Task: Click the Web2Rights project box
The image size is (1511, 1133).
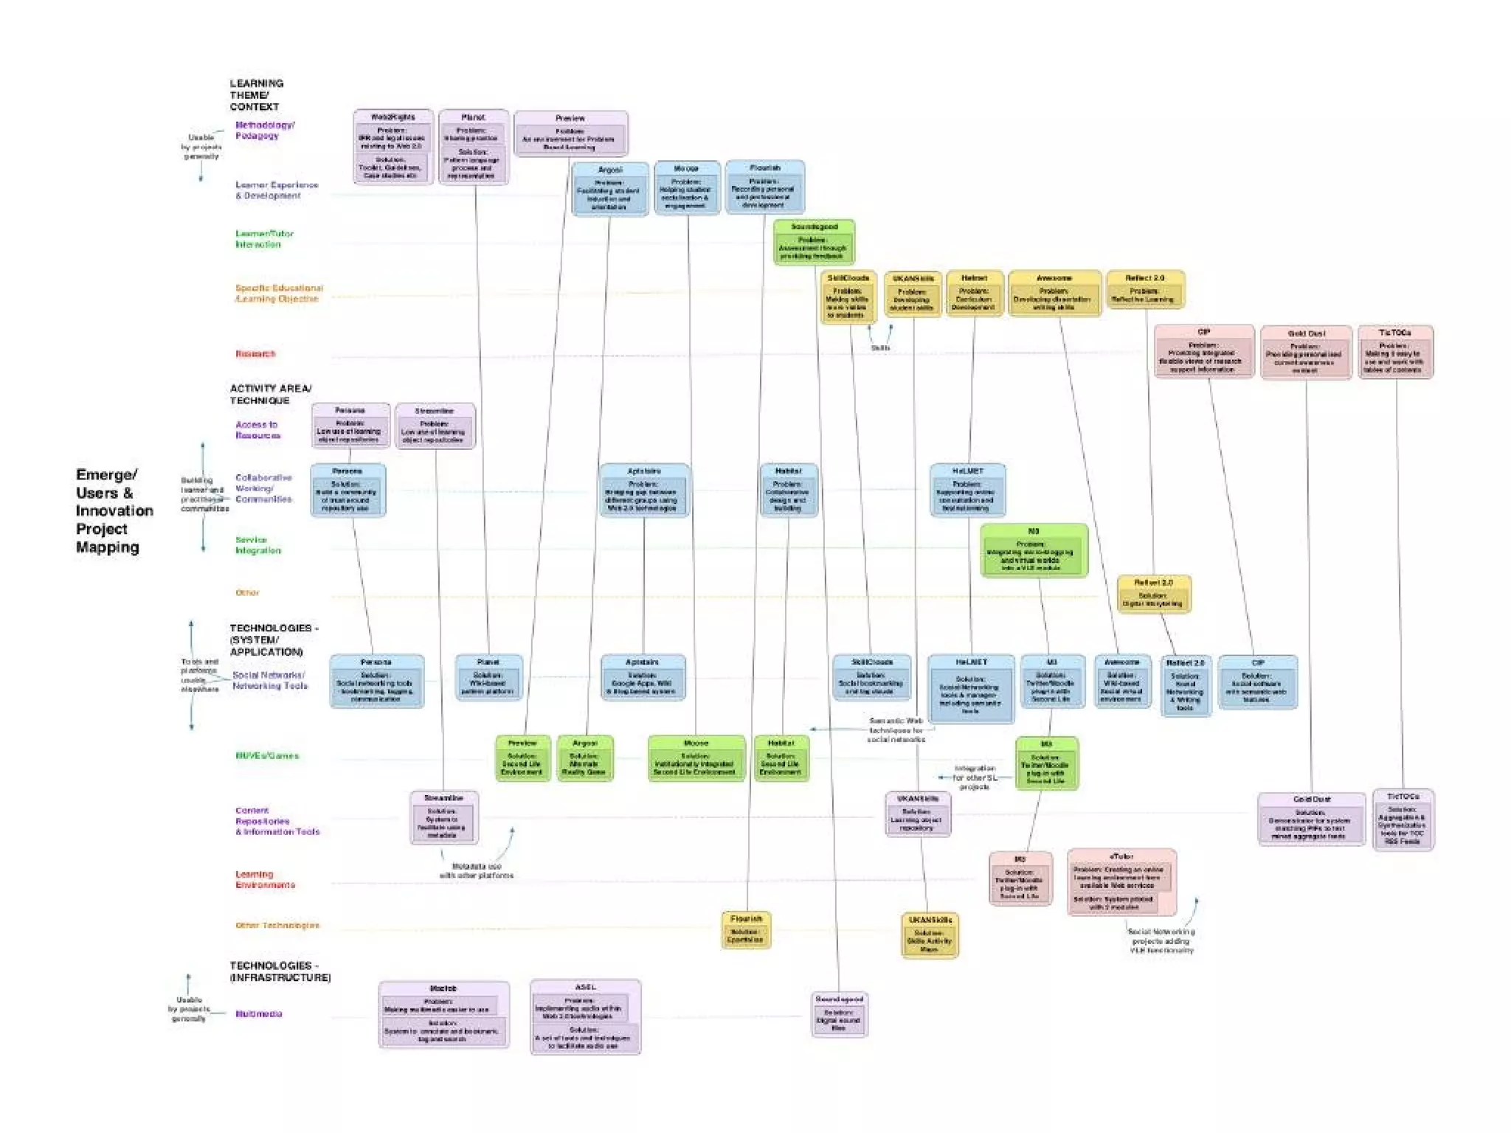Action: (393, 147)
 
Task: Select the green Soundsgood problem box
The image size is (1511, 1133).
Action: (814, 242)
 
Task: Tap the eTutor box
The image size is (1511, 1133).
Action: (1121, 882)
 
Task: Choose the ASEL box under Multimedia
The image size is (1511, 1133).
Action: (585, 1016)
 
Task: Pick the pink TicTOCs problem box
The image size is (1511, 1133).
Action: (1395, 353)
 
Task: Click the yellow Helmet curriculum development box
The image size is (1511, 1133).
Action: (974, 293)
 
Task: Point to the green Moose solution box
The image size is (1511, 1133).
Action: (696, 758)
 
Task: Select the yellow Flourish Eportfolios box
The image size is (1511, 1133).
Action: (746, 929)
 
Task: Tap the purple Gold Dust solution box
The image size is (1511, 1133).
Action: (1311, 819)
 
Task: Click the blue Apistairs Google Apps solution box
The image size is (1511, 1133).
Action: (643, 677)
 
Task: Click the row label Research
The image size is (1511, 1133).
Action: (255, 354)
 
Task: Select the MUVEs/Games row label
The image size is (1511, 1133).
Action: (267, 755)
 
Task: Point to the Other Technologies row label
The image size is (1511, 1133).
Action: (277, 925)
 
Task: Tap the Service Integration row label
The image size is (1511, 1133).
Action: (257, 545)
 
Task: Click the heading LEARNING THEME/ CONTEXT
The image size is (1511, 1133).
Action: (256, 95)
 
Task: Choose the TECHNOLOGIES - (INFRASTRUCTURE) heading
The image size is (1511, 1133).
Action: (280, 971)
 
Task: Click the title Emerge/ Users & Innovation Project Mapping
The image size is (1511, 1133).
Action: (114, 510)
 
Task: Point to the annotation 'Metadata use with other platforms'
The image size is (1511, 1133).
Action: (476, 870)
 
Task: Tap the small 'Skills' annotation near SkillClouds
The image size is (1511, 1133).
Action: (880, 347)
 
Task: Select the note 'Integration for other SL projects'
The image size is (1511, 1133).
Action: (974, 777)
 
